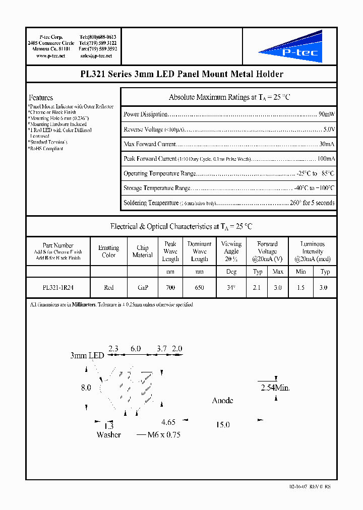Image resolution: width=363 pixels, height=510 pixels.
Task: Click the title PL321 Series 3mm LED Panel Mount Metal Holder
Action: point(181,74)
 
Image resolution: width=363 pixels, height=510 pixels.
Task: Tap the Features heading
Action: point(41,97)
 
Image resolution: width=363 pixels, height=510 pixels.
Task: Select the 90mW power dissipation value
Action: point(327,114)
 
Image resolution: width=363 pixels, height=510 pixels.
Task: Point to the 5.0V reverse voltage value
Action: point(329,130)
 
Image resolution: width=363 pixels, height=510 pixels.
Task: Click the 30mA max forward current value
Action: point(327,144)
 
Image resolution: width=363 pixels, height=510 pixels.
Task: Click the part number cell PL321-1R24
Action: point(58,287)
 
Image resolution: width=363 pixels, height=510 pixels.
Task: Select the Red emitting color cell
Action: point(108,287)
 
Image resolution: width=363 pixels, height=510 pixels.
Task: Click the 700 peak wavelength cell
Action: point(170,287)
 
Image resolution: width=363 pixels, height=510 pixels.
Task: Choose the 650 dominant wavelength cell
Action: point(199,287)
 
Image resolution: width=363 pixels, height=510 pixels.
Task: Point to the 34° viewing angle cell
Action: point(231,287)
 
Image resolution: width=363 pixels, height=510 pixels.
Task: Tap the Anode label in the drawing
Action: point(222,400)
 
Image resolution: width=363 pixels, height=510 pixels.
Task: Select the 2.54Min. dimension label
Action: point(275,388)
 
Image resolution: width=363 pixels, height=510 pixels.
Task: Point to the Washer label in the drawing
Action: point(109,434)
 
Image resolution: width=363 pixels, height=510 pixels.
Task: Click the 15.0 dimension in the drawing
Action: point(222,425)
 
